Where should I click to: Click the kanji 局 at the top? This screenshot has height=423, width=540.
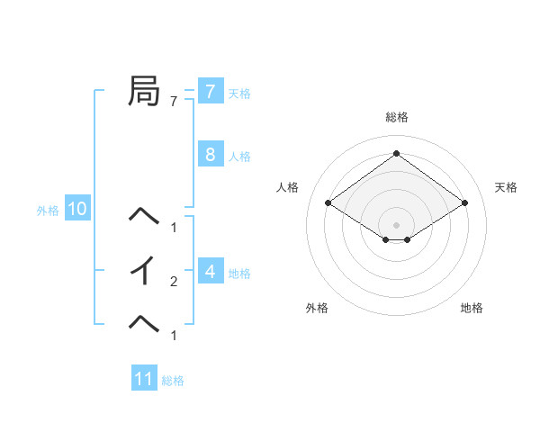145,91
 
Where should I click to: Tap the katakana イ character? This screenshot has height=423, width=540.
145,270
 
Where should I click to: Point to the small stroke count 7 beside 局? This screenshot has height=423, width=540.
174,102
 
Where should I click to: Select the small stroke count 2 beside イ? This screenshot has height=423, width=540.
174,282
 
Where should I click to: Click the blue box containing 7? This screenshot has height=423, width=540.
210,92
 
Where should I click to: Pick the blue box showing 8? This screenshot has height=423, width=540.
210,155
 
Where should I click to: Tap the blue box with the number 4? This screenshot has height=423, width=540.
210,271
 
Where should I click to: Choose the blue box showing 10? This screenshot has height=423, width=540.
77,210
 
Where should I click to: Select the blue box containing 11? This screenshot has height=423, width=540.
144,379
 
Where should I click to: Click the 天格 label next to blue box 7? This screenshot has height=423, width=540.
239,94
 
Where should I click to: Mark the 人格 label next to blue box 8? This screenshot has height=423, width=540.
239,157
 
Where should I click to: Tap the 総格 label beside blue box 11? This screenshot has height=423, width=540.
173,381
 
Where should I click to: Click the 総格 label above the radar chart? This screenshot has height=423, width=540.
396,117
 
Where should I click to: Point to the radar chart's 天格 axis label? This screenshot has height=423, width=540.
506,187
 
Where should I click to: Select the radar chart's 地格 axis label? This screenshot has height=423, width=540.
472,308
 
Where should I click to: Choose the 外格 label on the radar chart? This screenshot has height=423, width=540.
317,308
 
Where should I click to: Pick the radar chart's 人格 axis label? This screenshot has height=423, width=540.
287,187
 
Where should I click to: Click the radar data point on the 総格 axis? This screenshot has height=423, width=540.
396,154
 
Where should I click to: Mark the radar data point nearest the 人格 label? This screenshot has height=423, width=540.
328,203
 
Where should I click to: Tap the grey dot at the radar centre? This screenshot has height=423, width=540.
396,224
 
